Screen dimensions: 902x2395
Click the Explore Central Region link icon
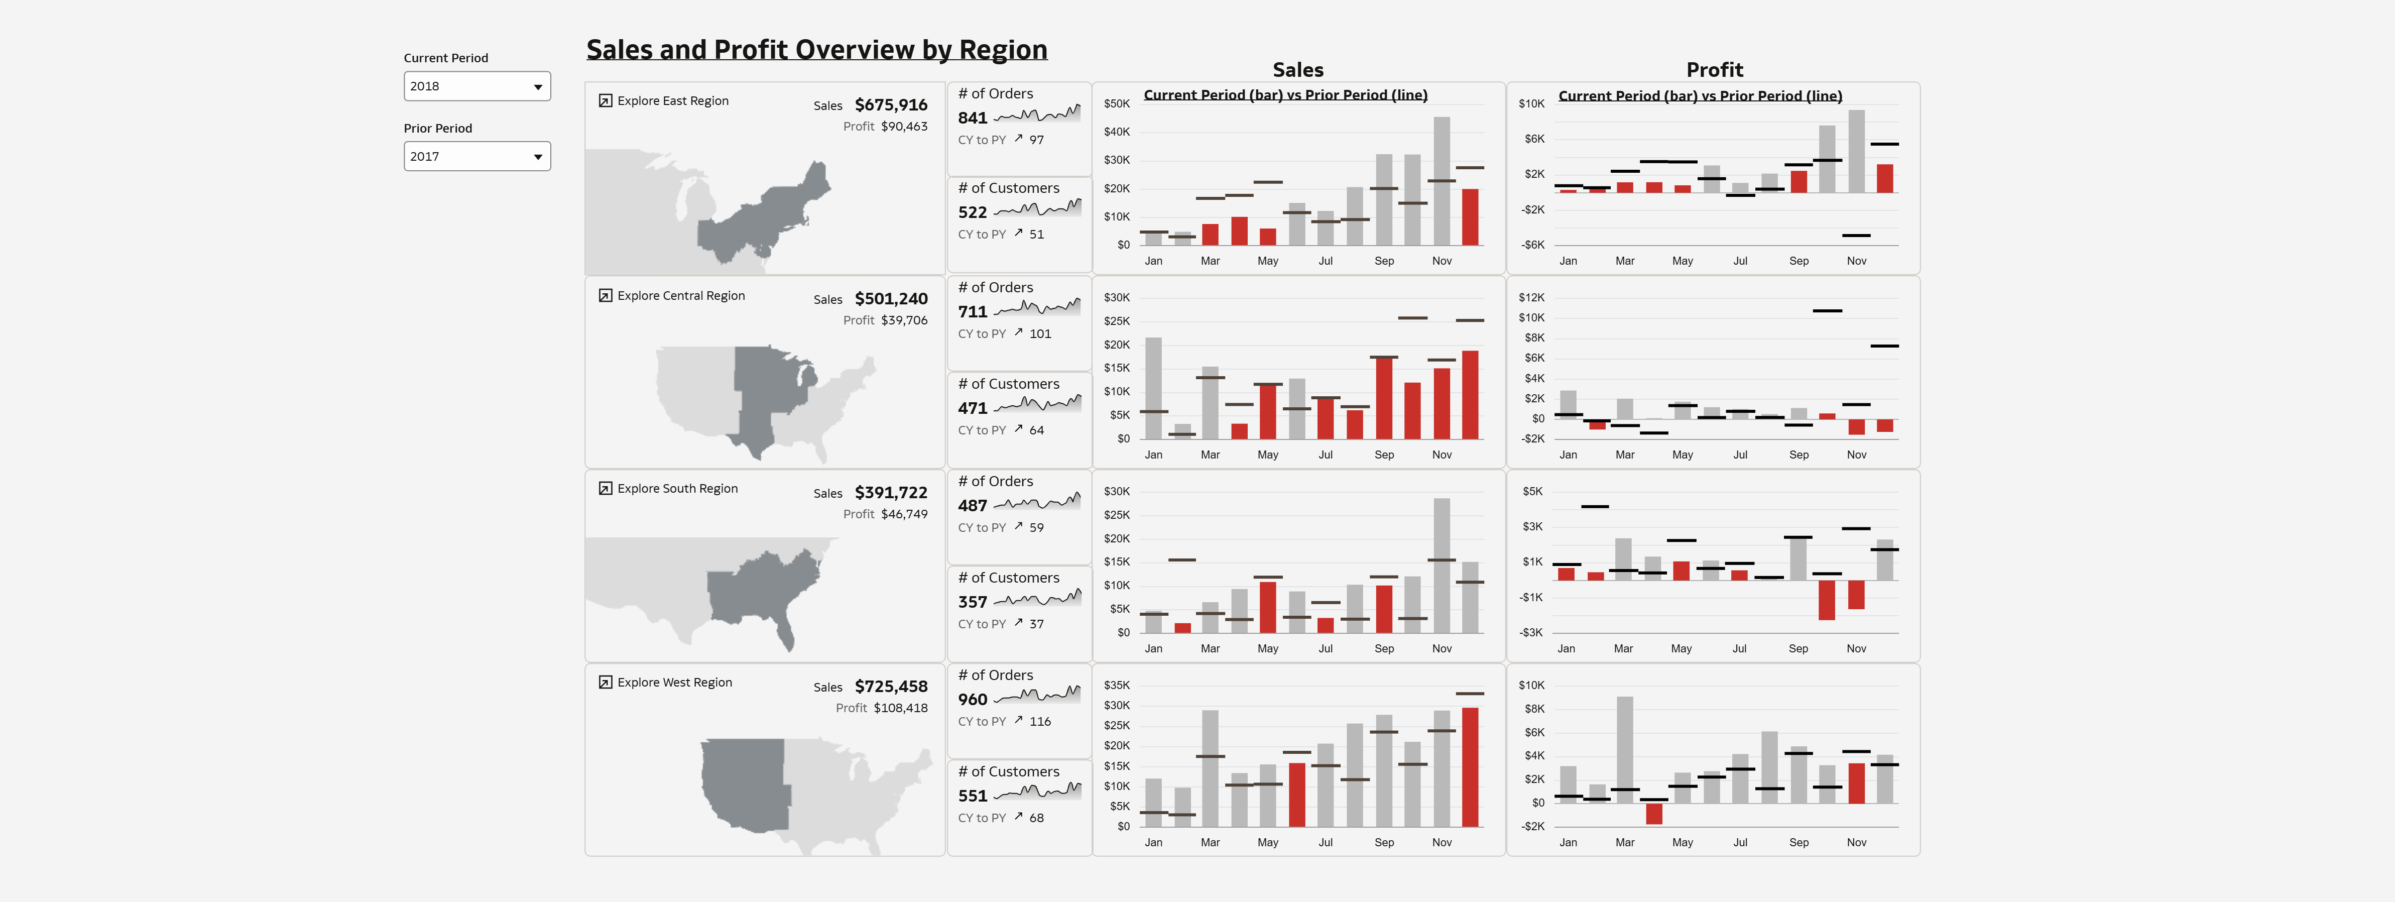pos(605,296)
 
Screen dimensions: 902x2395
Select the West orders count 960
pos(973,699)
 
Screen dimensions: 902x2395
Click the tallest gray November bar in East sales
pos(1441,181)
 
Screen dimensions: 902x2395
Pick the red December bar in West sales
pos(1470,767)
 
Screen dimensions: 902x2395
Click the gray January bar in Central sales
pos(1153,388)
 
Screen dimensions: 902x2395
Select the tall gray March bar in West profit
pos(1624,749)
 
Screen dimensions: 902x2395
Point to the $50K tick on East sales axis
pos(1117,104)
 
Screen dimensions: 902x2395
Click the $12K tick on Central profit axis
pos(1531,297)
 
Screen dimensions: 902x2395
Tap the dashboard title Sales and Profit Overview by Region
pos(816,49)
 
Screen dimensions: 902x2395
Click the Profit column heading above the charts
pos(1715,70)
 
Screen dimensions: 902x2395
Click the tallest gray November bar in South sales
pos(1441,566)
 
